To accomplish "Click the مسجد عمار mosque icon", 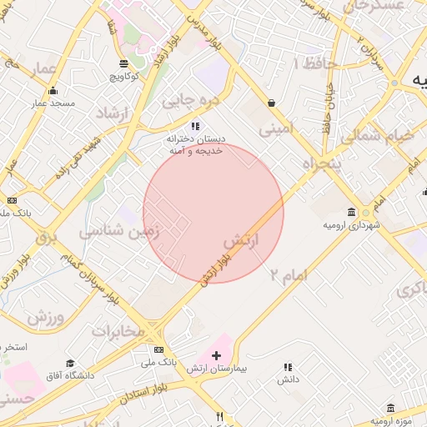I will pyautogui.click(x=54, y=92).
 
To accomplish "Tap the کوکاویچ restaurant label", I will pyautogui.click(x=123, y=76).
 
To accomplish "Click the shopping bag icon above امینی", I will pyautogui.click(x=272, y=103).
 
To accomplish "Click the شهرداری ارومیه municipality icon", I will pyautogui.click(x=350, y=212).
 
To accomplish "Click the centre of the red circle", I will pyautogui.click(x=213, y=213).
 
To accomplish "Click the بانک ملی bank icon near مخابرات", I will pyautogui.click(x=159, y=350).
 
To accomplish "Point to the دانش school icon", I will pyautogui.click(x=289, y=367).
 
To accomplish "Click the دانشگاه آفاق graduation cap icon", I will pyautogui.click(x=70, y=363).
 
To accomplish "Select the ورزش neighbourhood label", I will pyautogui.click(x=44, y=318).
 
